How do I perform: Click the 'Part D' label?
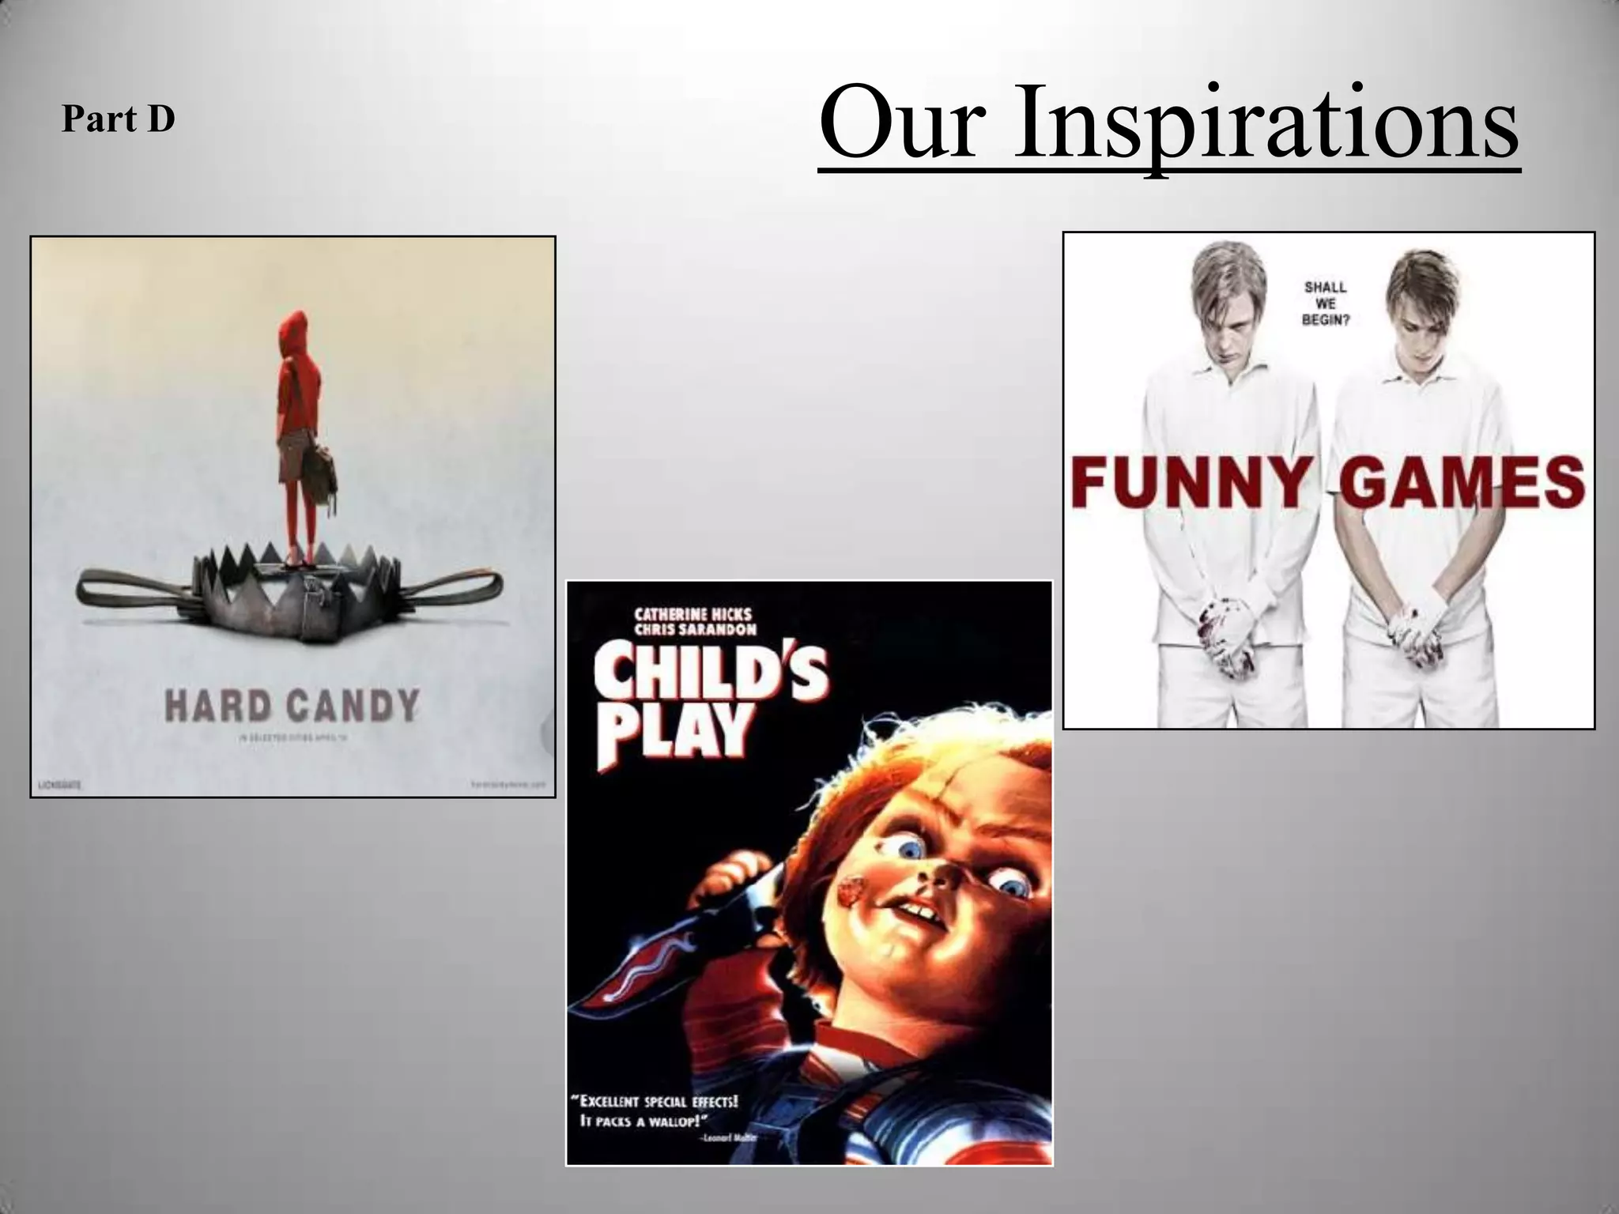pyautogui.click(x=118, y=120)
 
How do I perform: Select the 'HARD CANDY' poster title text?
pyautogui.click(x=292, y=706)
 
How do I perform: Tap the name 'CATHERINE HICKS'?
pyautogui.click(x=693, y=614)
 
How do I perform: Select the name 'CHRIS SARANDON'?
pyautogui.click(x=696, y=630)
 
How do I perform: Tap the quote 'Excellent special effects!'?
pyautogui.click(x=655, y=1102)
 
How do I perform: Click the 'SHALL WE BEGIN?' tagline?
pyautogui.click(x=1326, y=303)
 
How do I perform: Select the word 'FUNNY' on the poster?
pyautogui.click(x=1189, y=481)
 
